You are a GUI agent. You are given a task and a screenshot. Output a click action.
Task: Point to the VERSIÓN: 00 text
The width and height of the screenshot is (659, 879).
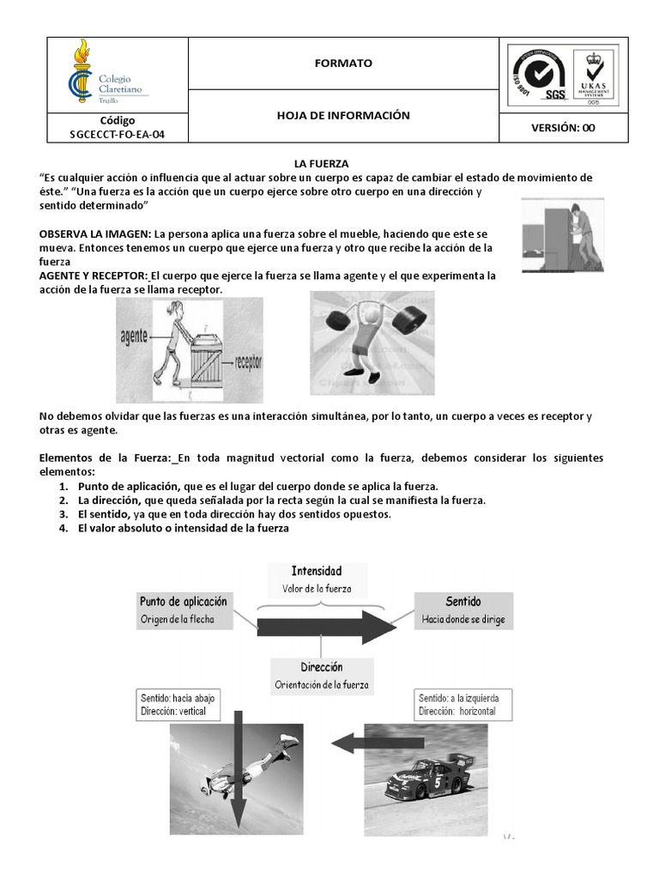pyautogui.click(x=564, y=128)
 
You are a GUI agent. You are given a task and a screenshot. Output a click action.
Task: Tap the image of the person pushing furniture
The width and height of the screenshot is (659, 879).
pyautogui.click(x=562, y=234)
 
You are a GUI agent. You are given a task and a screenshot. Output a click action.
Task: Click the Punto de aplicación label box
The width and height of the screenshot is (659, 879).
pyautogui.click(x=184, y=610)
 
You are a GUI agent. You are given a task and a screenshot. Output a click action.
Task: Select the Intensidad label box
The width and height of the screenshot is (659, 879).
pyautogui.click(x=317, y=579)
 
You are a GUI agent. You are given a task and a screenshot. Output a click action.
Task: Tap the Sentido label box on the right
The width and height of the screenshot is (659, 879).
pyautogui.click(x=463, y=609)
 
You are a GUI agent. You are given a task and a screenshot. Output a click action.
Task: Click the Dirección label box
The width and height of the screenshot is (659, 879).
pyautogui.click(x=321, y=676)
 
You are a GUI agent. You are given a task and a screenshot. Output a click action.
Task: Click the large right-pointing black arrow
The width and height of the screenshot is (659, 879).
pyautogui.click(x=326, y=627)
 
